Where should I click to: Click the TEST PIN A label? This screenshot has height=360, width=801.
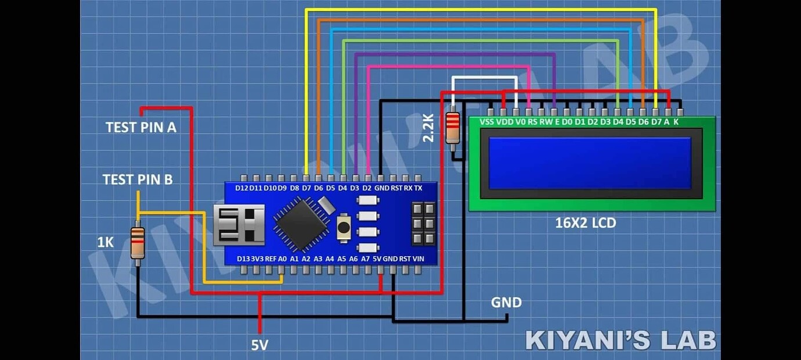[x=140, y=127]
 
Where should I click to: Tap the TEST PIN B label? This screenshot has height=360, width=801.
[x=138, y=179]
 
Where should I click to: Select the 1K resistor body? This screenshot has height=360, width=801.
[x=138, y=243]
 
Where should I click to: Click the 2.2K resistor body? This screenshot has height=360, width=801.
[x=452, y=128]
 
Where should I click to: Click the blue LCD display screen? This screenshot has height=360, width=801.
[x=590, y=163]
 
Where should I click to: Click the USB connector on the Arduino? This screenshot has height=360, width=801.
[x=239, y=224]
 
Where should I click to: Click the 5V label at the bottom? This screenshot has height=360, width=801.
[x=259, y=345]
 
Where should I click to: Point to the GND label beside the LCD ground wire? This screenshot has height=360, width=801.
[x=506, y=303]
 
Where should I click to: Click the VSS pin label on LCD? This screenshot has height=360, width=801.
[x=488, y=122]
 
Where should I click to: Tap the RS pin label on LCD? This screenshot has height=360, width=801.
[x=532, y=122]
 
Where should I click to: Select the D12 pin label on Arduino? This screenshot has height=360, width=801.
[x=241, y=188]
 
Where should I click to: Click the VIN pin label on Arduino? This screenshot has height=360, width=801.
[x=418, y=258]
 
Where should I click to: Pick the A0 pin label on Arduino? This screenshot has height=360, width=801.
[x=283, y=258]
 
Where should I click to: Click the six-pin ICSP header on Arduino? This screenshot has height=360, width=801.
[x=423, y=224]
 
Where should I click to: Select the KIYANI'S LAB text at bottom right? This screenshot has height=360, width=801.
[x=620, y=340]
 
